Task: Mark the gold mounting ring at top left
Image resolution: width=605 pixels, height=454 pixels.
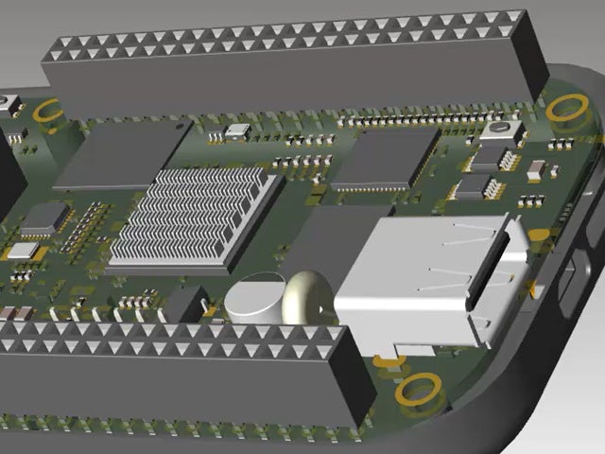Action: tap(47, 111)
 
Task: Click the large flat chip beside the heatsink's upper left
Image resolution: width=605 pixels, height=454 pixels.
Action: tap(123, 155)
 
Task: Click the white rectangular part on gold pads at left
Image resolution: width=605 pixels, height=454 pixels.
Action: tap(22, 251)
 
